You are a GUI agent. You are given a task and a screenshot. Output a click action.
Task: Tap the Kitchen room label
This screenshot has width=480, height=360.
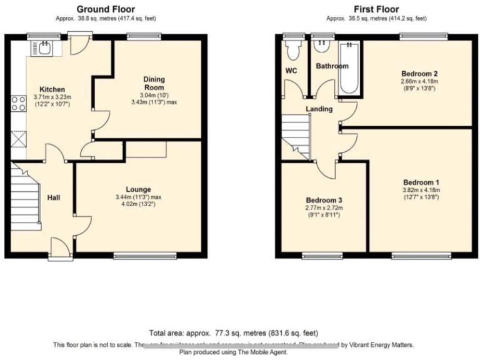pos(52,89)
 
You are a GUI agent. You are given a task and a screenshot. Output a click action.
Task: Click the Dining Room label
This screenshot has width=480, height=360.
pos(154,83)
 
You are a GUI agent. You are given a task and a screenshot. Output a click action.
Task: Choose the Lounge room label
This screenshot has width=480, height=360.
pos(137,189)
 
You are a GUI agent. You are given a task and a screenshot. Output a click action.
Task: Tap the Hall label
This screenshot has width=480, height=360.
pos(54,197)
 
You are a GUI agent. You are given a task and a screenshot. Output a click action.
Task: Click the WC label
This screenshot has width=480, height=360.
pos(291,71)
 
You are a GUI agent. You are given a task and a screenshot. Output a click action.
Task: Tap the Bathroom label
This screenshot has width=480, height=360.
pos(331,66)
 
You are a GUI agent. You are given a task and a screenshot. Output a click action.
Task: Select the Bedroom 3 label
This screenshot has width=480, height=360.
pos(323,200)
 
